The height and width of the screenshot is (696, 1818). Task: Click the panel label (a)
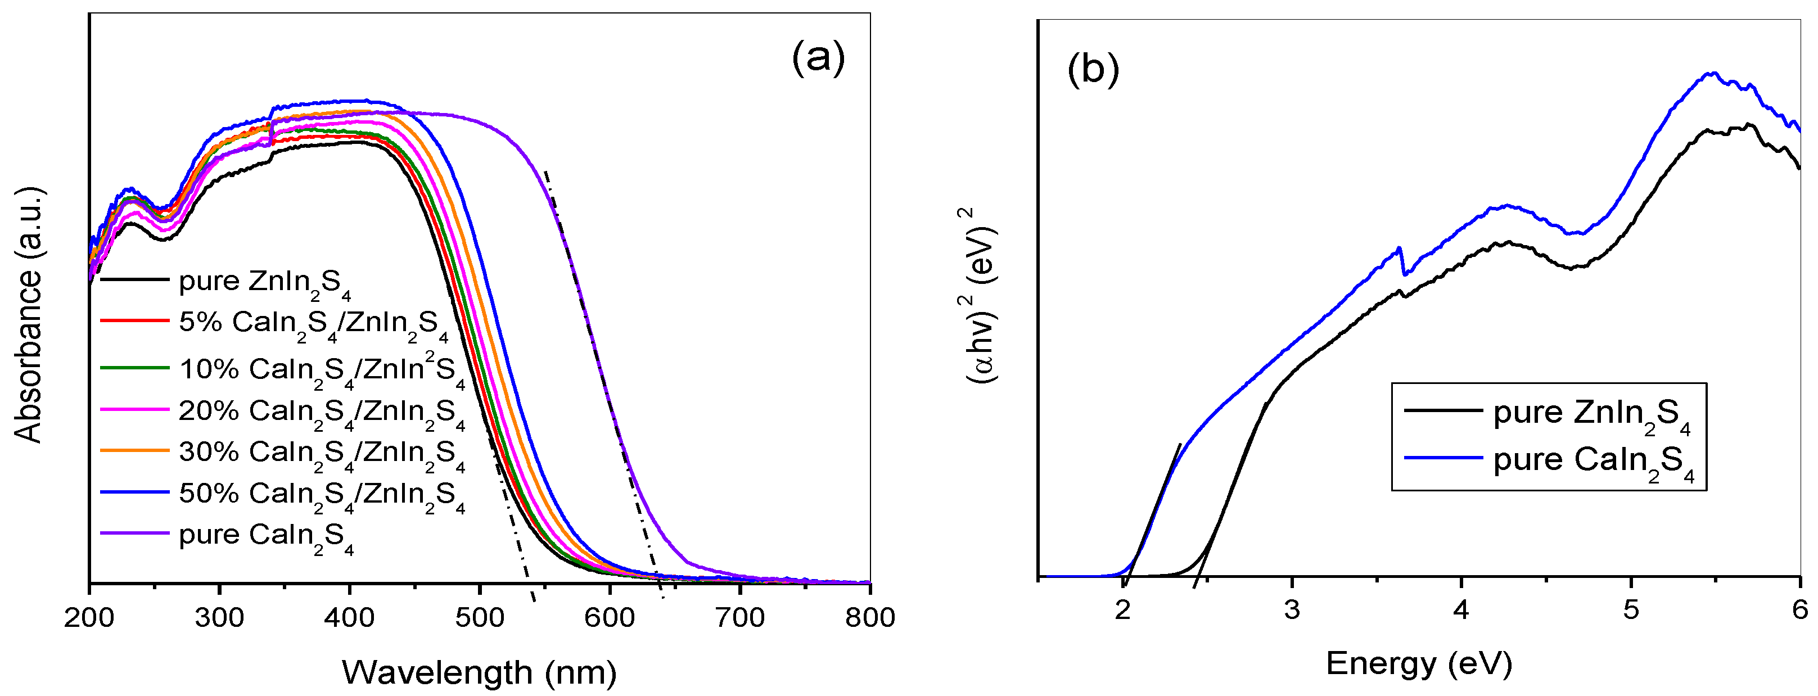[x=818, y=58]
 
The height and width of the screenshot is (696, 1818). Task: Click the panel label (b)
[x=1093, y=70]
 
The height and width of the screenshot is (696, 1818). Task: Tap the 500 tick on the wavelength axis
[x=479, y=617]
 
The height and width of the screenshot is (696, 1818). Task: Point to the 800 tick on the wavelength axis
[x=869, y=617]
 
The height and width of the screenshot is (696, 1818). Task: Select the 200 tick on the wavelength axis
[x=89, y=617]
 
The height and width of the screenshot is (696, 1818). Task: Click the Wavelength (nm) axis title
[x=479, y=671]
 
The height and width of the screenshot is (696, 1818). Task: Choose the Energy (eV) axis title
[x=1419, y=663]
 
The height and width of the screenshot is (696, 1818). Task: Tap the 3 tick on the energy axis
[x=1292, y=608]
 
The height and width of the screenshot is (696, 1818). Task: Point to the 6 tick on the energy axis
[x=1799, y=608]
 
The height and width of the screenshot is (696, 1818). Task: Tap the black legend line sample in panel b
[x=1442, y=409]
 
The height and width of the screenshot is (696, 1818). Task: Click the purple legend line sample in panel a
[x=134, y=533]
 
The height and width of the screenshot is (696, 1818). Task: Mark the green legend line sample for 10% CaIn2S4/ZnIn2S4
[x=134, y=368]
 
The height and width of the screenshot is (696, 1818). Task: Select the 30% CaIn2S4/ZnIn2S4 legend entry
[x=321, y=453]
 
